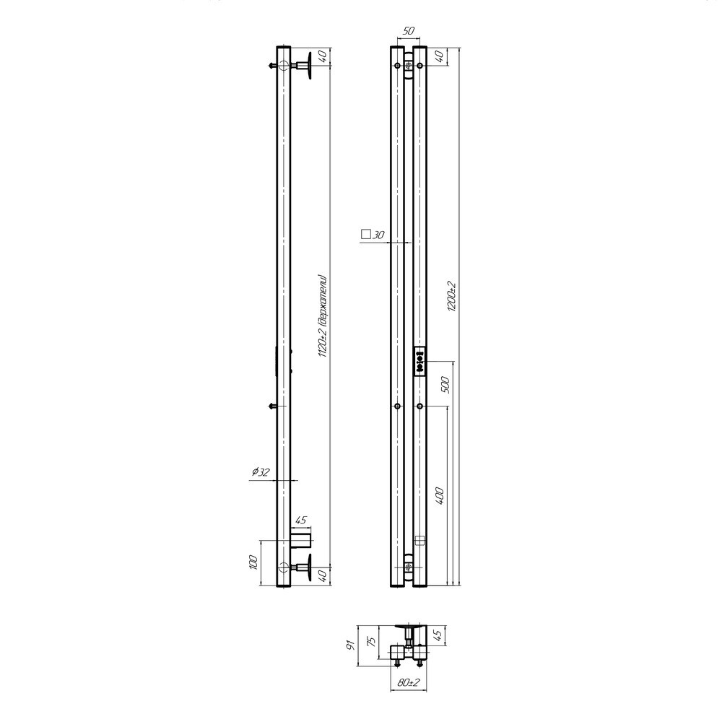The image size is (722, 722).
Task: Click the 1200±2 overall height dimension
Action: pyautogui.click(x=451, y=296)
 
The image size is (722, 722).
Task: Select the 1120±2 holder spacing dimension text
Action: pyautogui.click(x=323, y=317)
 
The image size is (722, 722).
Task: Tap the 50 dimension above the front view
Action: pyautogui.click(x=409, y=31)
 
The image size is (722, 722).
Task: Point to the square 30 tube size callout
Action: pyautogui.click(x=373, y=235)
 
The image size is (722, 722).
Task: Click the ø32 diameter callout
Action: pyautogui.click(x=261, y=472)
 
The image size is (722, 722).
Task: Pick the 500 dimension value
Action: pyautogui.click(x=445, y=385)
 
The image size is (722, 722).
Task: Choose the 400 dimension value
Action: pyautogui.click(x=439, y=497)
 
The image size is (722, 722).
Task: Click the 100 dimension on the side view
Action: pyautogui.click(x=252, y=562)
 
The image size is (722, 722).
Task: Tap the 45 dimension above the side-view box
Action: pyautogui.click(x=300, y=521)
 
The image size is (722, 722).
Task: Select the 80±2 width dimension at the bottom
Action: pyautogui.click(x=408, y=682)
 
